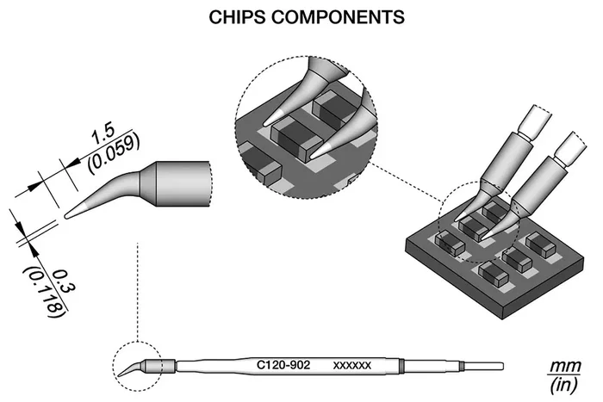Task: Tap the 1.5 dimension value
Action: pyautogui.click(x=103, y=134)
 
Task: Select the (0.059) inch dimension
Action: pyautogui.click(x=113, y=154)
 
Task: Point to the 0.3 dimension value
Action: pyautogui.click(x=64, y=282)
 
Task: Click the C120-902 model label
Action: pyautogui.click(x=283, y=364)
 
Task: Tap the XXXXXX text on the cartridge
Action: pyautogui.click(x=352, y=365)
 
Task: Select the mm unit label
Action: pyautogui.click(x=565, y=366)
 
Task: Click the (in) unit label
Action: pyautogui.click(x=563, y=385)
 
